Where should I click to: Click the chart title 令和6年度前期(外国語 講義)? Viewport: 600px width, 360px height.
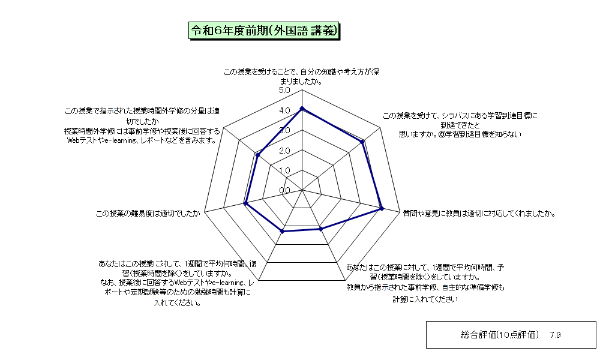pos(264,31)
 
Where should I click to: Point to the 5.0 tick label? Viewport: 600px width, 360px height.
pos(284,90)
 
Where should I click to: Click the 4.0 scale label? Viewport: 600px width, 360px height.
pos(284,110)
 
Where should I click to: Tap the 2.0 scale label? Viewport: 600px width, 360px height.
pos(284,151)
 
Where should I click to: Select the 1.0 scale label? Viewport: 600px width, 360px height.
pos(284,170)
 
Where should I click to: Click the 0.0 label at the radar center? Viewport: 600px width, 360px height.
pos(284,191)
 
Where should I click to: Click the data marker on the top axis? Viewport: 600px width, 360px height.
pos(302,109)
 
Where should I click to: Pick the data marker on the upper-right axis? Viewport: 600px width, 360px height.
pos(362,142)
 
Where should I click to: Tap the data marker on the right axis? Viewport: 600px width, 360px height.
pos(382,209)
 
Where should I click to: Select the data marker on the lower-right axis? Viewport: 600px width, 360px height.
pos(320,229)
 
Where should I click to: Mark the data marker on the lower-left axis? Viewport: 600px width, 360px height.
pos(283,231)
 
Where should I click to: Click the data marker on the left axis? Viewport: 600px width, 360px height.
pos(246,203)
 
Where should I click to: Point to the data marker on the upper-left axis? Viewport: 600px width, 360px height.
pos(258,155)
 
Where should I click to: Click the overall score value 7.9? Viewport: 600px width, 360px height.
pos(555,335)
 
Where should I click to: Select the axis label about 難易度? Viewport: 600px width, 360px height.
pos(148,214)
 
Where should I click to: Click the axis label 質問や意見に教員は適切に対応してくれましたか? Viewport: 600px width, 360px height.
pos(479,214)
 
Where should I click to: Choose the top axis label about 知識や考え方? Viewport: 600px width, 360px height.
pos(302,77)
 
